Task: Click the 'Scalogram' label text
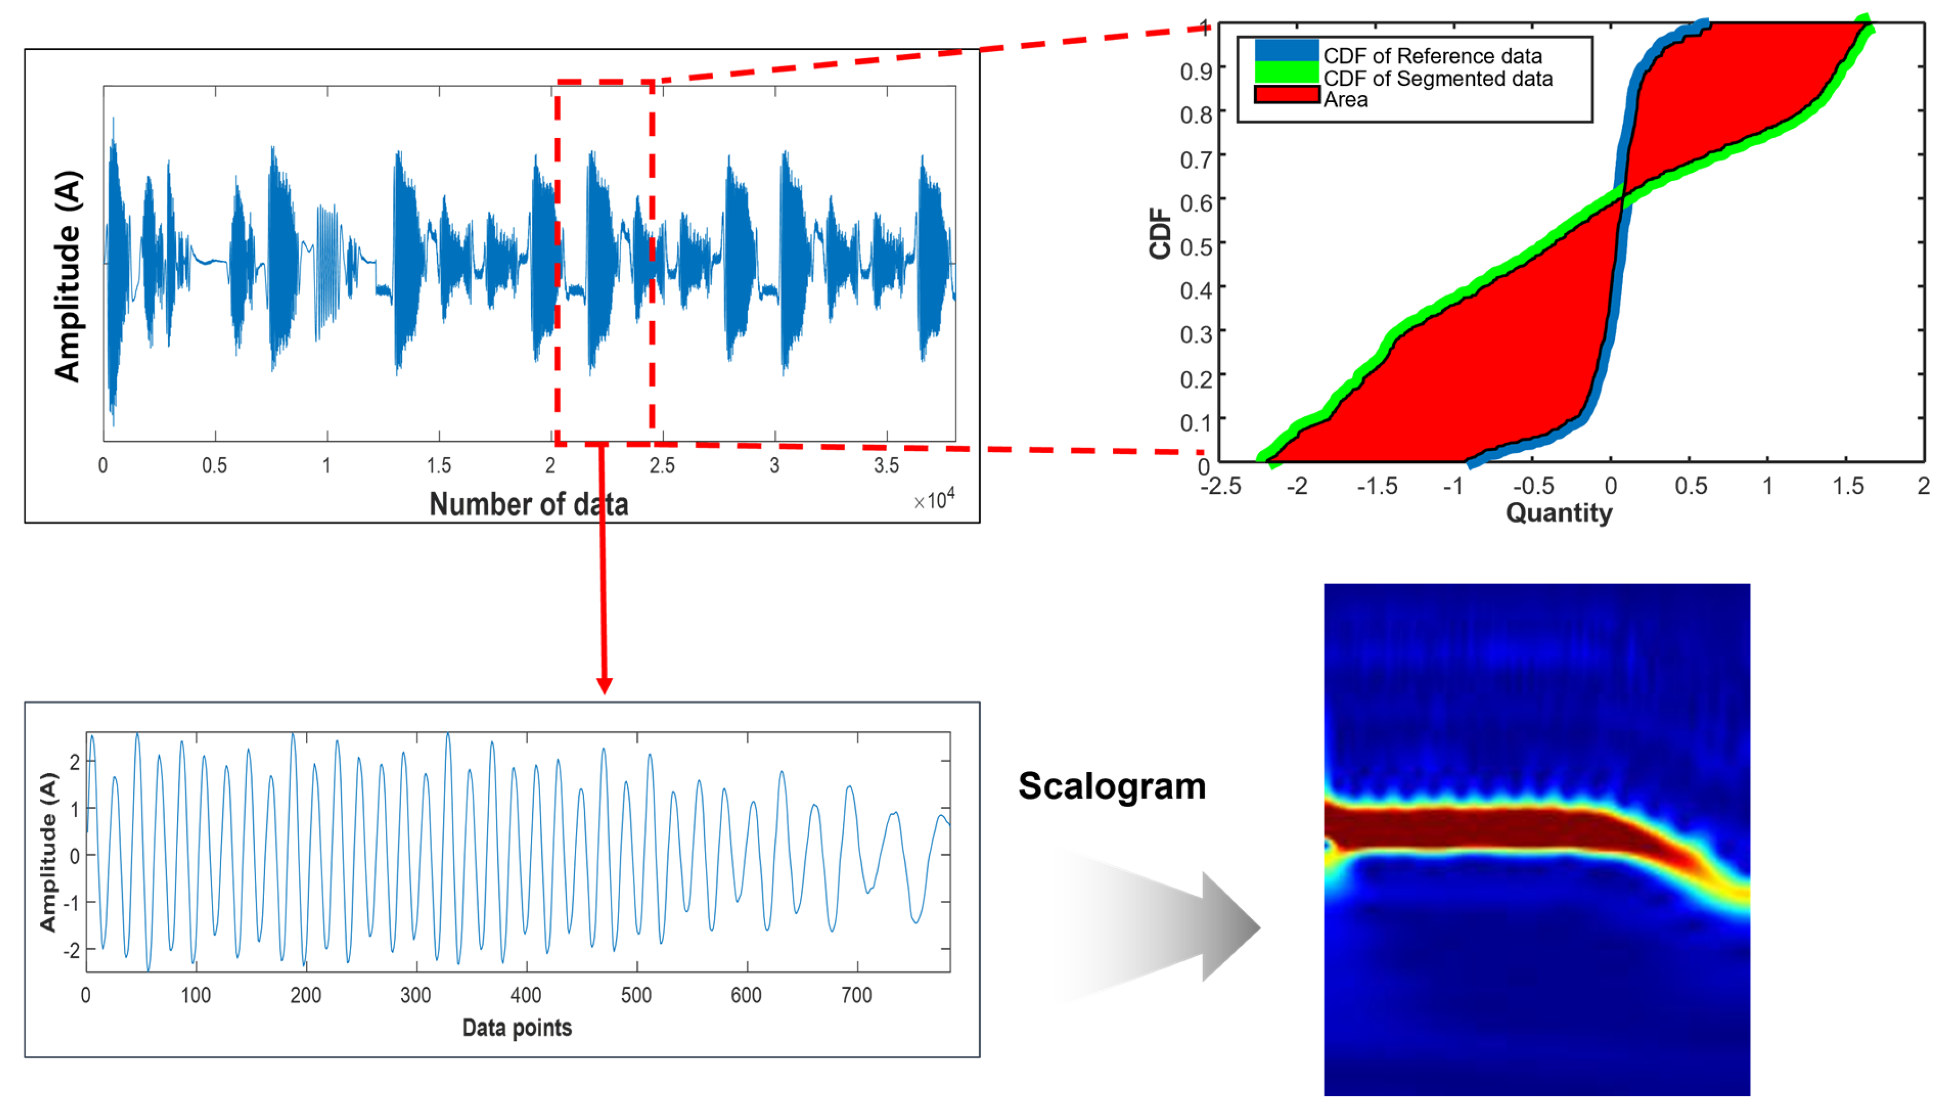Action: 1112,786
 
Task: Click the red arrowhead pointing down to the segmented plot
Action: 604,685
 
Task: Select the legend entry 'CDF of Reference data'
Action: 1431,56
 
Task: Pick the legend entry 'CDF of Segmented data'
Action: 1437,78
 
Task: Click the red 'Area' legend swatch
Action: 1286,96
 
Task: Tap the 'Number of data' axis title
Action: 529,504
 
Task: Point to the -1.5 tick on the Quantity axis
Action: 1376,486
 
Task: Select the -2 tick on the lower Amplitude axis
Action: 71,951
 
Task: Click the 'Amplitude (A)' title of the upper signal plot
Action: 67,276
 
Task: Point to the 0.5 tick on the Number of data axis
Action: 214,466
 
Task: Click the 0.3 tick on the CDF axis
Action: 1196,335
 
